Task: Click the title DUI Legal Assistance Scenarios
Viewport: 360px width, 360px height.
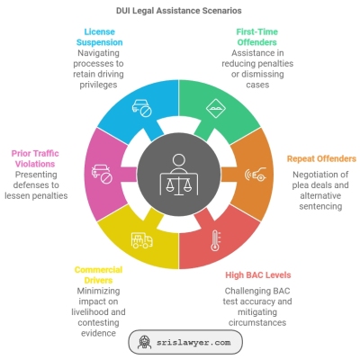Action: [x=179, y=11]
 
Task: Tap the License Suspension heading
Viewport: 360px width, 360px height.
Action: [x=99, y=37]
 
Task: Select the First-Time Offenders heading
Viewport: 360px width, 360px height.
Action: [x=257, y=37]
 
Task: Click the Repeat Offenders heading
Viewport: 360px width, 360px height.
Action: [x=321, y=158]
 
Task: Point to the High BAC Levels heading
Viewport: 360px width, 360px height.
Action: [x=258, y=275]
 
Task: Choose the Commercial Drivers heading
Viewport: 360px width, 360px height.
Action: [x=98, y=274]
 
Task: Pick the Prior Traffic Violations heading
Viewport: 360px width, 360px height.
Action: [x=35, y=158]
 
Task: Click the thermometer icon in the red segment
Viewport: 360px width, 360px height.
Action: [x=215, y=240]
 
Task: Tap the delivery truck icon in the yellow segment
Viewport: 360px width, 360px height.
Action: [x=141, y=240]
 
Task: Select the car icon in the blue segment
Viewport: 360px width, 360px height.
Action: [x=142, y=108]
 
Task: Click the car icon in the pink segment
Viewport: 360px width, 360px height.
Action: [x=102, y=174]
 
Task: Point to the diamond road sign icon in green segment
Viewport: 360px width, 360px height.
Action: [x=216, y=108]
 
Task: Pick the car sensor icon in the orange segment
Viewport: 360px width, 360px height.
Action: [x=256, y=174]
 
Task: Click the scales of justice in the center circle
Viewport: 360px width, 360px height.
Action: [x=179, y=186]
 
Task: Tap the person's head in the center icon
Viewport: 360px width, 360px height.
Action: [x=179, y=160]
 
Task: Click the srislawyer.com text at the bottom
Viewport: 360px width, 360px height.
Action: [x=193, y=343]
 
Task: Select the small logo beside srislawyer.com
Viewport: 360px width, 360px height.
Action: [x=145, y=342]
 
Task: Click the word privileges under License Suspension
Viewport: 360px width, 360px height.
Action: [x=98, y=85]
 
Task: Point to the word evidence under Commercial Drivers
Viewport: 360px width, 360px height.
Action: [x=98, y=333]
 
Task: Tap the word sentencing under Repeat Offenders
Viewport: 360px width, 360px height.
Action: [x=320, y=206]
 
